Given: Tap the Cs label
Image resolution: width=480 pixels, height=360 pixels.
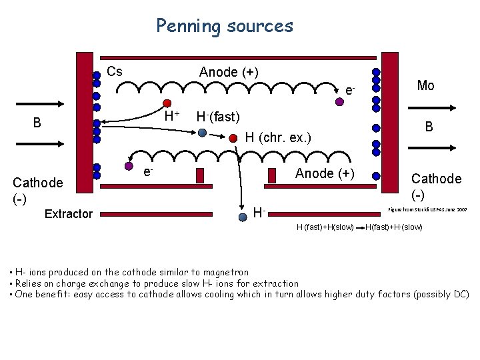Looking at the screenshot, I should tap(115, 71).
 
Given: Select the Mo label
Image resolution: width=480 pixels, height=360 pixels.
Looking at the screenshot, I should tap(425, 85).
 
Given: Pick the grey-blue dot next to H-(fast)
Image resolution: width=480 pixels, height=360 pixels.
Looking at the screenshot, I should tap(202, 132).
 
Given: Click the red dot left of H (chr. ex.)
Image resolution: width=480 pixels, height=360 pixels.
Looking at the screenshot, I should tap(233, 139).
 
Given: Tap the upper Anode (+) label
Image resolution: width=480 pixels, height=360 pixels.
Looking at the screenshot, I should tap(229, 71).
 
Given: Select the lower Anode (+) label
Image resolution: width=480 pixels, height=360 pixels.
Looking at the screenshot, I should tap(325, 173).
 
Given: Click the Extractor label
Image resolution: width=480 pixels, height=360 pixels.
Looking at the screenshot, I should tap(68, 213).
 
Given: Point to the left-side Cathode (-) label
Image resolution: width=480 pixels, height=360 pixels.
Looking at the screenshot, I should tap(38, 190).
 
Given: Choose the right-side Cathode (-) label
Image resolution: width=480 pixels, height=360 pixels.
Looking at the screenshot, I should tap(436, 186).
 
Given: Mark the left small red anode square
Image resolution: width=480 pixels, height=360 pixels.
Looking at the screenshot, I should tap(200, 175).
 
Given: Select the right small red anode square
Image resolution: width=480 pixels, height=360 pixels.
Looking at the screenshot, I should tap(271, 175).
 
